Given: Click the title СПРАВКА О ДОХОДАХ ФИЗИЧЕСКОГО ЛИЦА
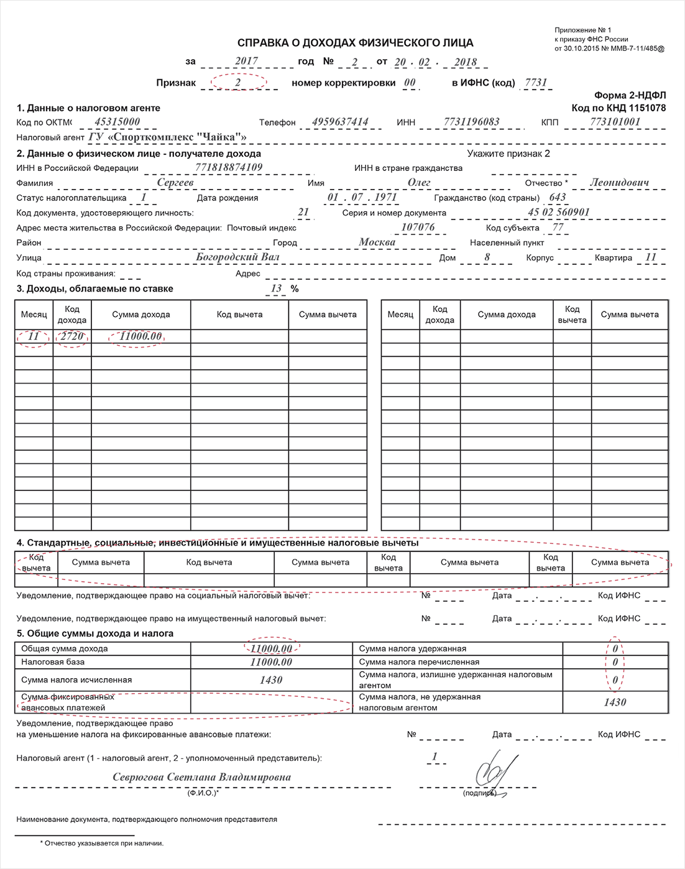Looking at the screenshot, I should tap(355, 43).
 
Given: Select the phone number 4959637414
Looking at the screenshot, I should tap(340, 122).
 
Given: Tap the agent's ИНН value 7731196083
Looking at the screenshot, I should tap(472, 122).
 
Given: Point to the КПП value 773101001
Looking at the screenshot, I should tap(615, 122).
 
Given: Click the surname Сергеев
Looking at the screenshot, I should tap(175, 183).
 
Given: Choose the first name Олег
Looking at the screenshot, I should tap(419, 183).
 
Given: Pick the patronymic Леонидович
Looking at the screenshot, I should tap(619, 183).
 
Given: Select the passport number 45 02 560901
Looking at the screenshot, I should tap(558, 213).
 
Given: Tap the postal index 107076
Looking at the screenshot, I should tap(418, 228).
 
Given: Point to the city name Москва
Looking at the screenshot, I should tap(377, 242).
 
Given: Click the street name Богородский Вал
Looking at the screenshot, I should tap(237, 257).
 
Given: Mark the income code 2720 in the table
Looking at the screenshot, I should tap(72, 336).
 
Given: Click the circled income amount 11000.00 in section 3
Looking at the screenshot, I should tap(140, 336).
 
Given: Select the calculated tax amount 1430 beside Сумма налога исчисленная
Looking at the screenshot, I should tap(271, 680).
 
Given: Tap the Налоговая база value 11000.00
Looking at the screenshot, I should tap(271, 662).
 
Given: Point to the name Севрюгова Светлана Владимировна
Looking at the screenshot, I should tap(201, 778).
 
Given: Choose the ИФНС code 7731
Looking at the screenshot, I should tap(536, 83).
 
